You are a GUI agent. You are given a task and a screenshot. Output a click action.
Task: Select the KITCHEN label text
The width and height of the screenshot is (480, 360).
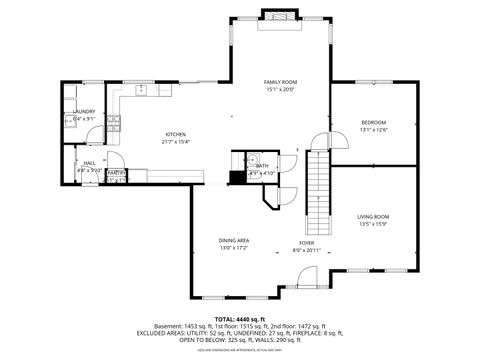pos(176,134)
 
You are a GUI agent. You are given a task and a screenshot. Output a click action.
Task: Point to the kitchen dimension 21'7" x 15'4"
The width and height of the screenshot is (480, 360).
pos(176,141)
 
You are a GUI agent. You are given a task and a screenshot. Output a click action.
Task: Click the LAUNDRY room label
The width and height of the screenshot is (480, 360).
pos(84,111)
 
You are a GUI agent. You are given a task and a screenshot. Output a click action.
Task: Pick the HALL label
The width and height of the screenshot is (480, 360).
pos(89,162)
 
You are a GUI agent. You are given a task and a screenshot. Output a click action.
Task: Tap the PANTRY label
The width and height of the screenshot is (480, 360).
pos(116,173)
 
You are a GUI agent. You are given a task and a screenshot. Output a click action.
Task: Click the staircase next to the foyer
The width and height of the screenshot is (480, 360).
pos(318,190)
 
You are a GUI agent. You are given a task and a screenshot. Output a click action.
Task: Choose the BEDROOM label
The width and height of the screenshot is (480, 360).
pos(373,122)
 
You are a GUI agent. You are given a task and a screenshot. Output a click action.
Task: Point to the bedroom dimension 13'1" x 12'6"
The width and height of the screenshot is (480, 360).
pos(373,129)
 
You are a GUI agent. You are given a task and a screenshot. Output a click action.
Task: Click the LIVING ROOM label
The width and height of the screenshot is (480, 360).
pos(373,217)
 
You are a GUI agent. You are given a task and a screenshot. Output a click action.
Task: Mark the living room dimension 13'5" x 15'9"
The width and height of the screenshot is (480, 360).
pos(373,224)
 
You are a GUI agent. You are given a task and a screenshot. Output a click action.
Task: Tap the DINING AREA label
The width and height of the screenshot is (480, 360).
pos(235,240)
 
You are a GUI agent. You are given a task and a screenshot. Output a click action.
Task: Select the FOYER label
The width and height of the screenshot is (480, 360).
pos(307,243)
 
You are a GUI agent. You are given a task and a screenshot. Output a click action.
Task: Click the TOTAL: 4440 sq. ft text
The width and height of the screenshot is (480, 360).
pos(239,317)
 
